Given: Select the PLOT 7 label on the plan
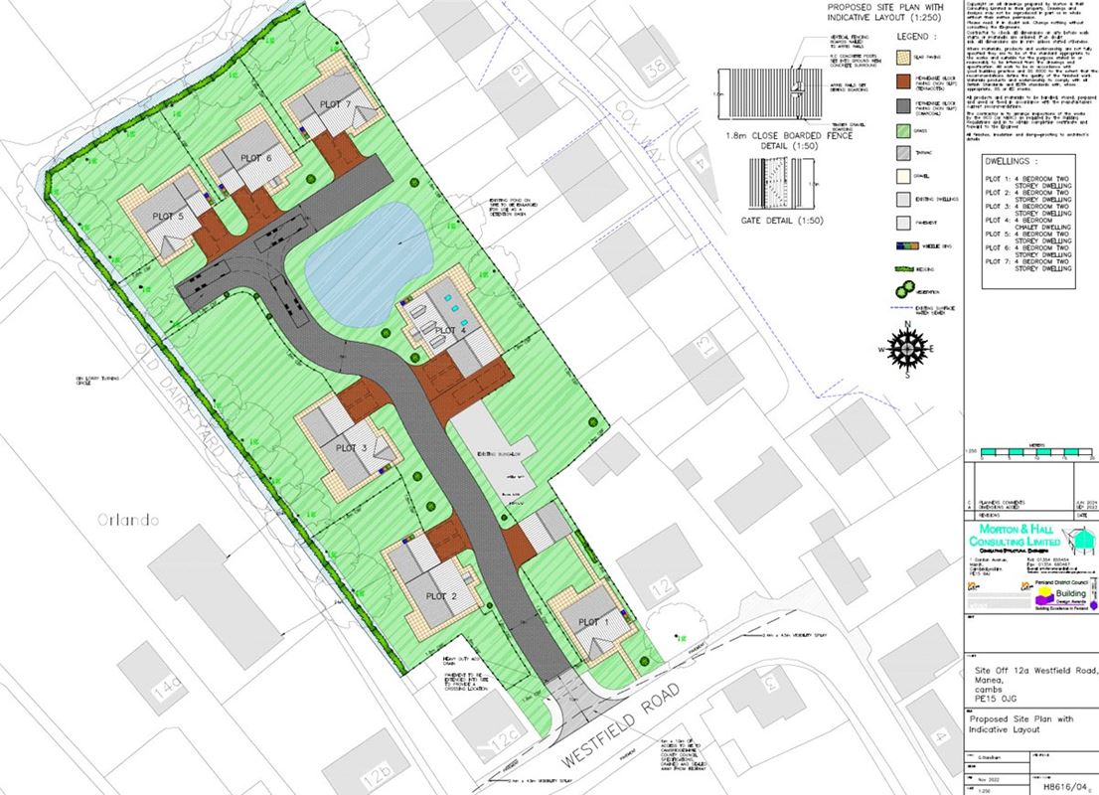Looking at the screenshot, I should [x=336, y=104].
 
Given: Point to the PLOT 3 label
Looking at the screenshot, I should [x=352, y=449].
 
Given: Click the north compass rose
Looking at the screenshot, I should [x=907, y=350].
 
